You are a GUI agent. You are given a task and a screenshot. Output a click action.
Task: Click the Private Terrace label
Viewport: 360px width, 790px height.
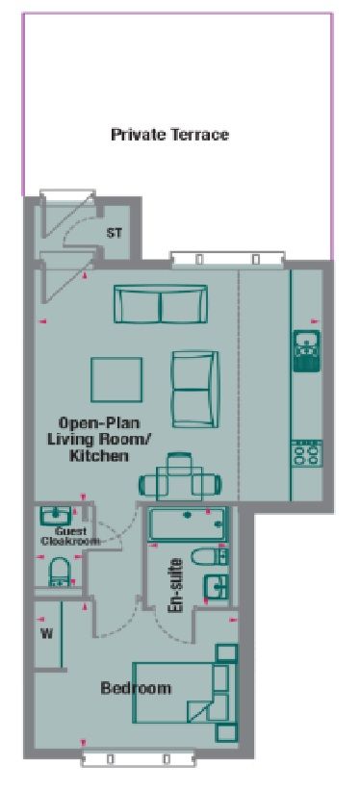(x=170, y=135)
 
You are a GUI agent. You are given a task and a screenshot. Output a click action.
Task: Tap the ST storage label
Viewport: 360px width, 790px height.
(x=114, y=233)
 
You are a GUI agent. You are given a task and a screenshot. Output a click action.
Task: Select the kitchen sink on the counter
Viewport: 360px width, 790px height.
(x=307, y=350)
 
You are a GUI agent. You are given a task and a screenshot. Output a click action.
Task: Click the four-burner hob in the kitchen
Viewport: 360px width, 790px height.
(x=307, y=452)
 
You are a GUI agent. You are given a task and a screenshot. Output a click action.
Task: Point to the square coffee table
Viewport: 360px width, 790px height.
(x=116, y=379)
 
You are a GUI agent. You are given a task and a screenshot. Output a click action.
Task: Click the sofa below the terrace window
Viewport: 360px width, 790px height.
(x=161, y=304)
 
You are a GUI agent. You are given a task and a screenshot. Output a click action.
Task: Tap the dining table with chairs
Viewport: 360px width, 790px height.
(x=179, y=477)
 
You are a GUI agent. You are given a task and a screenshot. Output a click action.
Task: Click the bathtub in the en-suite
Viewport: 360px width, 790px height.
(x=187, y=524)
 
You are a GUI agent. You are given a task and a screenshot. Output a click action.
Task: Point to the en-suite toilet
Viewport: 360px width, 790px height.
(x=209, y=557)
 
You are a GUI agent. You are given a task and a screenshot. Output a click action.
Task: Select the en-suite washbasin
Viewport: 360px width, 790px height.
(x=217, y=587)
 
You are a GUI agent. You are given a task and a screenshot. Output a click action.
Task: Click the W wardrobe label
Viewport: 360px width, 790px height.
(x=47, y=633)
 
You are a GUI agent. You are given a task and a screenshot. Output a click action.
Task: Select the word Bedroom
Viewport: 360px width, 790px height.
(x=136, y=687)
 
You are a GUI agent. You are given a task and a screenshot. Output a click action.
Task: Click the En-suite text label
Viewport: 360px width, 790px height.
(x=175, y=584)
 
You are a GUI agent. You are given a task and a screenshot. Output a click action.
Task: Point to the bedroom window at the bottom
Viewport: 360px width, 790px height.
(x=139, y=758)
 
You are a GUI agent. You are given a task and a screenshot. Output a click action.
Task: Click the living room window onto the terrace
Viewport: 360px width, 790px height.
(x=227, y=259)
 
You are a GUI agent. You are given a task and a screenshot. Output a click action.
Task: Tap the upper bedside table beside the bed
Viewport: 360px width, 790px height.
(x=226, y=653)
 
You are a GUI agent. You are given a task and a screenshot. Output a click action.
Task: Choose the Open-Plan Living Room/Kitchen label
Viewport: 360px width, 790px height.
(x=99, y=439)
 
